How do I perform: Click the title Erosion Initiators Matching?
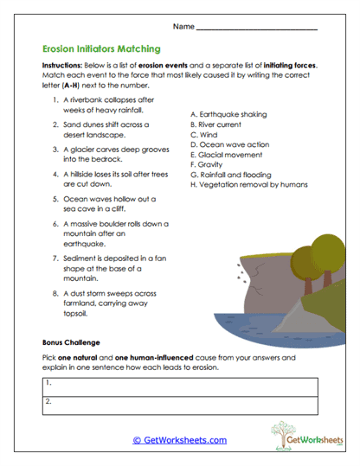(100, 50)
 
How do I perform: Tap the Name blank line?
(257, 29)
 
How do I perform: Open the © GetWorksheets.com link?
(179, 439)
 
